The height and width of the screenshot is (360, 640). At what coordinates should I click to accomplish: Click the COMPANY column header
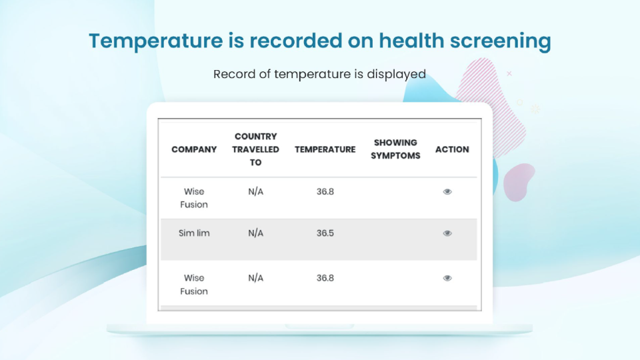[x=194, y=149]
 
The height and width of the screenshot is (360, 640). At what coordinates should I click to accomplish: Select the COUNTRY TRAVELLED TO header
[x=255, y=149]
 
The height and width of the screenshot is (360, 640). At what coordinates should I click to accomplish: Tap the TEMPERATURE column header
[x=325, y=149]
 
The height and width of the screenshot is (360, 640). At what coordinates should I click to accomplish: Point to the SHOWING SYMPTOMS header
[x=395, y=149]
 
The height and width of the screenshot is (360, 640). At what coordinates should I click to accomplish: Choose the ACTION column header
[x=452, y=149]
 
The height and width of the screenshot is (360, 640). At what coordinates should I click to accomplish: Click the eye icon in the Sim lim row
[x=447, y=233]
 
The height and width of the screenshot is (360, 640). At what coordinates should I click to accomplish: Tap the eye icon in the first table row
[x=447, y=191]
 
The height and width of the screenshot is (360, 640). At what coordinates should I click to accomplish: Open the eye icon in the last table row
[x=447, y=278]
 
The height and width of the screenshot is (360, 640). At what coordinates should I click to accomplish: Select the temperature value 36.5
[x=325, y=233]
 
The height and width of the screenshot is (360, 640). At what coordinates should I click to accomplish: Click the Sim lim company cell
[x=194, y=233]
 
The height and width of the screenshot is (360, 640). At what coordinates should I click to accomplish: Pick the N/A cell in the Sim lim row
[x=255, y=233]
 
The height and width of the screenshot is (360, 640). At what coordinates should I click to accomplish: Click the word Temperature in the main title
[x=156, y=41]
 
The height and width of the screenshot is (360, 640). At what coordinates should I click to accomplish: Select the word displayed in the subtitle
[x=396, y=74]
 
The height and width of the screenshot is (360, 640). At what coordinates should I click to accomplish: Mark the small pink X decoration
[x=509, y=73]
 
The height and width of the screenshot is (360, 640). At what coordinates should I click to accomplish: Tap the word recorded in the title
[x=296, y=41]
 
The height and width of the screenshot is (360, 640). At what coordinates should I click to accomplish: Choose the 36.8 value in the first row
[x=325, y=191]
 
